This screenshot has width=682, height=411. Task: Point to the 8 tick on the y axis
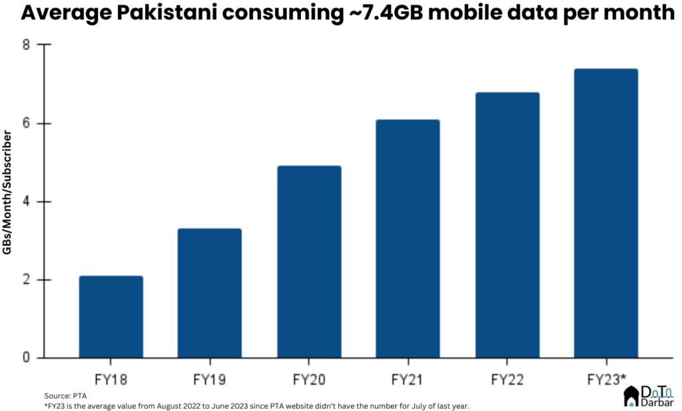coord(27,45)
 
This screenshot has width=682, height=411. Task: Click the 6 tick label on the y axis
coord(27,124)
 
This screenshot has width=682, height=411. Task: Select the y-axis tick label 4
coord(27,202)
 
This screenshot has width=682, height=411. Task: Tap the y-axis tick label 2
coord(27,280)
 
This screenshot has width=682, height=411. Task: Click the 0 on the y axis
coord(27,358)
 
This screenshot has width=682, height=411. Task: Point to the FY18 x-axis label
coord(111,380)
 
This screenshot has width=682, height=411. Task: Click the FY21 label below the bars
coord(408,380)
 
